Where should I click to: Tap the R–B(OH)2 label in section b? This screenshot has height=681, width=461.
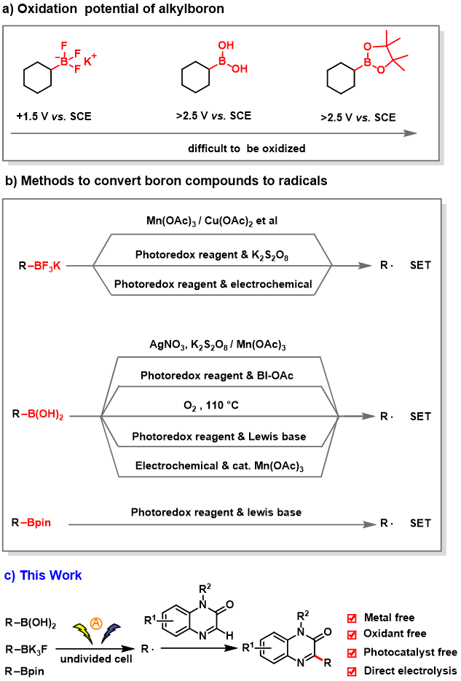[42, 417]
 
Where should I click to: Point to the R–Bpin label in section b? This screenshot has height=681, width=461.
[36, 522]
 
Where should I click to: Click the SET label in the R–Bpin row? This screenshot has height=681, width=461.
[420, 522]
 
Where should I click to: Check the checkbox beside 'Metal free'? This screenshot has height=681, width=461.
[351, 618]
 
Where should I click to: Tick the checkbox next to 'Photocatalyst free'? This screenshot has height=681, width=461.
[351, 653]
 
